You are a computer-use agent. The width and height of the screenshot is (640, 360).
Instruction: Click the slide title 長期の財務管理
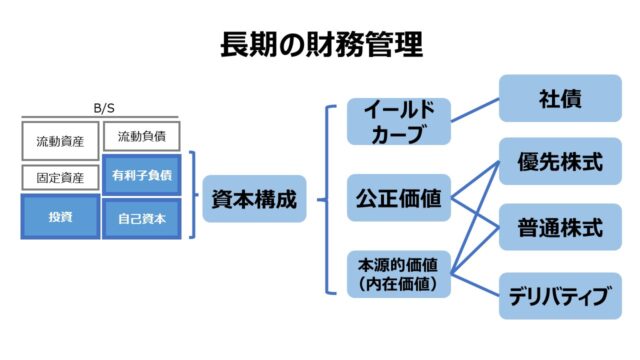coord(320,46)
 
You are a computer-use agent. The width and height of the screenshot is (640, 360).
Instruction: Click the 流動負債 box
coord(140,136)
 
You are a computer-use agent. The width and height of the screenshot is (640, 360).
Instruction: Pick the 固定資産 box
coord(60,178)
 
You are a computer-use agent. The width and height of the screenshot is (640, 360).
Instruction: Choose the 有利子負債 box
coord(140,174)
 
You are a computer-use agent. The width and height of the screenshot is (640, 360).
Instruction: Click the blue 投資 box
coord(60,217)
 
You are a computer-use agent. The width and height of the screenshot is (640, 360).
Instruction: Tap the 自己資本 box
coord(140,217)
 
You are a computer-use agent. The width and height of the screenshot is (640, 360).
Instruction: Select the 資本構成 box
coord(254,199)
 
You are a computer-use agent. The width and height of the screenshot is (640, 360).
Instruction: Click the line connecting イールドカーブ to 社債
coord(475,111)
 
